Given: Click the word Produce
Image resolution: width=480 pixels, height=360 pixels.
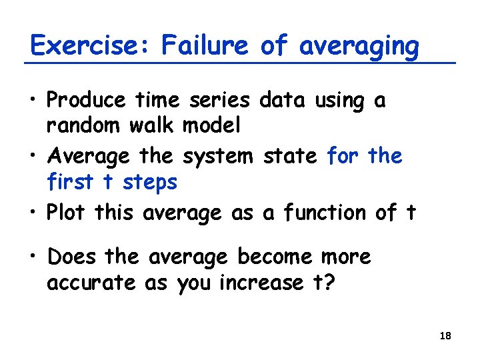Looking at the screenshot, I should pyautogui.click(x=86, y=101).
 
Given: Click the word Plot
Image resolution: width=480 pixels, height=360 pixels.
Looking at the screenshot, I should pyautogui.click(x=67, y=213).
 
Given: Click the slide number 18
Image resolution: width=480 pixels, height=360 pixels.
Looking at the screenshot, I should pyautogui.click(x=446, y=336).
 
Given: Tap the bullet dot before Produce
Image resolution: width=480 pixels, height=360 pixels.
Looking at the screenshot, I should pyautogui.click(x=34, y=102).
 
